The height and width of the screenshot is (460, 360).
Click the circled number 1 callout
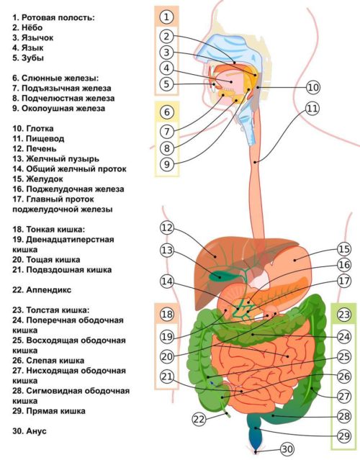tap(167, 16)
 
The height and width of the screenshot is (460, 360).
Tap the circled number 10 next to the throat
tap(312, 87)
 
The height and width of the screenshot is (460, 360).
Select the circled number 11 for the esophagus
tap(311, 109)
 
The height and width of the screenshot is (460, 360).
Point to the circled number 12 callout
tap(167, 228)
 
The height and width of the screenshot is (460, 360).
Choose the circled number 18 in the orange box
tap(167, 315)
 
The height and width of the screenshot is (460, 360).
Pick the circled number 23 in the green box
tap(344, 314)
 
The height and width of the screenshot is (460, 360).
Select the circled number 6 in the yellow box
tap(167, 112)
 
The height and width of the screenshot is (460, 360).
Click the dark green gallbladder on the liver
tap(213, 273)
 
